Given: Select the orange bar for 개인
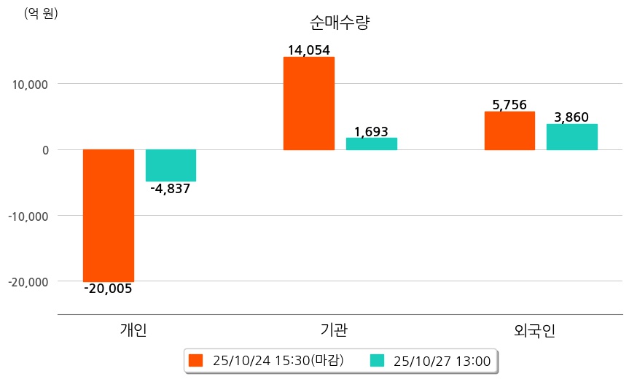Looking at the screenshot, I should tap(108, 215).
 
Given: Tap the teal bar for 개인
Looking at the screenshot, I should tap(171, 165).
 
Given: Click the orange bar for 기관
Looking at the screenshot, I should tap(308, 103).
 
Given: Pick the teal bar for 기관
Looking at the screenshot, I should tap(371, 144).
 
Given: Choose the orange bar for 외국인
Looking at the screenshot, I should tap(509, 130).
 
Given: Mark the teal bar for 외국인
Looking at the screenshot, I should tap(571, 137).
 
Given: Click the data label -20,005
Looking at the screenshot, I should tap(108, 289).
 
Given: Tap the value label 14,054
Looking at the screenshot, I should tap(308, 50).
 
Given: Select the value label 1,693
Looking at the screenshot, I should tap(371, 132).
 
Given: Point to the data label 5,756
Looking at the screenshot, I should tap(509, 105).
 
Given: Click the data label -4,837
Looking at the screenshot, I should tap(170, 189).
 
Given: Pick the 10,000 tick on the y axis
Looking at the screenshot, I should tap(27, 85).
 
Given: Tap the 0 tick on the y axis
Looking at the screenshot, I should tap(45, 150).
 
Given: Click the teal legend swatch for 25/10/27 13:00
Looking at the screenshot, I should tap(378, 360).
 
